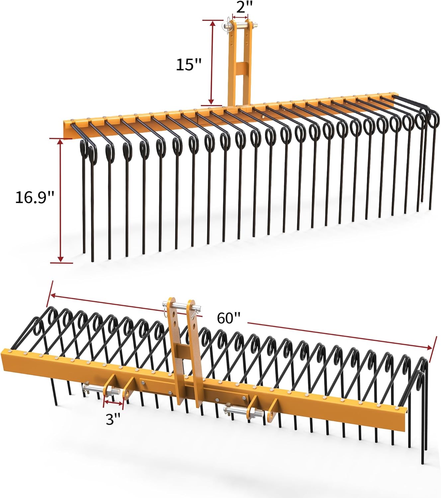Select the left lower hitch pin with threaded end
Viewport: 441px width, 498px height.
coord(100,388)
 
